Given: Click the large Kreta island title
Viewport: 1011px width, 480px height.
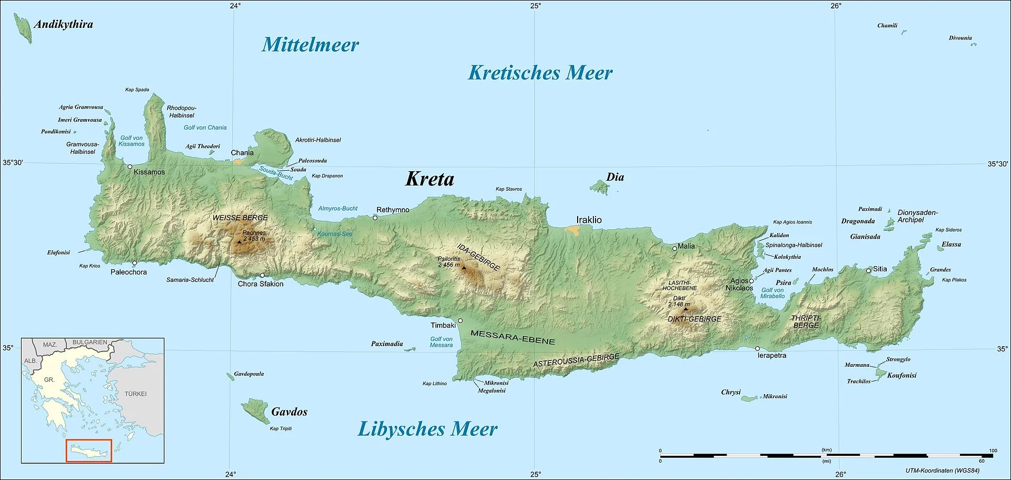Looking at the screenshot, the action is (x=430, y=179).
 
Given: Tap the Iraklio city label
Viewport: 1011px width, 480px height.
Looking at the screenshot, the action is (x=589, y=220).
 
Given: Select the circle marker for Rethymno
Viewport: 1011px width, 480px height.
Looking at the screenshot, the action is (x=375, y=218).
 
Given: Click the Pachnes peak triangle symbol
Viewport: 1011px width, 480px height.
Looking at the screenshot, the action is (x=240, y=242).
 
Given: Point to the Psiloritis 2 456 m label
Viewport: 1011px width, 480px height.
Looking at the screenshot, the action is (x=449, y=262).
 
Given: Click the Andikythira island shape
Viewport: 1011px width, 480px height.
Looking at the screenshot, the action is (x=23, y=27).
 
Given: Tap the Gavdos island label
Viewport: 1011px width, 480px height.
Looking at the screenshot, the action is (x=289, y=412).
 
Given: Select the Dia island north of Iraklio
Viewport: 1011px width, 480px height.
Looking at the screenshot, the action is (x=600, y=187).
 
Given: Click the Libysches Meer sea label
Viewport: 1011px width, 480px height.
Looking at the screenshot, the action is (x=428, y=429).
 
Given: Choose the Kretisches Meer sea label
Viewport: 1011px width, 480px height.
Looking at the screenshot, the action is (x=540, y=73).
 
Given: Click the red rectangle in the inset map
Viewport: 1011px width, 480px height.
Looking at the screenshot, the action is (x=89, y=450).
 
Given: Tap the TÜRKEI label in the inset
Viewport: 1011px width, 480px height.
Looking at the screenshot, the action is (x=135, y=394).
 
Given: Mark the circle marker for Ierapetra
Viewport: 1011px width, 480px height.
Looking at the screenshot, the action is (x=758, y=348).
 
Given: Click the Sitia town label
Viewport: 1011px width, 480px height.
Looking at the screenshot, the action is (x=880, y=269).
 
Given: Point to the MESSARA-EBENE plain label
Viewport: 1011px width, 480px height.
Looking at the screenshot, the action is (x=512, y=337).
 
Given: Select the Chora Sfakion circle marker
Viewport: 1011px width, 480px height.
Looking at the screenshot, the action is (x=262, y=275).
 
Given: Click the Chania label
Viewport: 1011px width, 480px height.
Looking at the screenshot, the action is (x=242, y=153).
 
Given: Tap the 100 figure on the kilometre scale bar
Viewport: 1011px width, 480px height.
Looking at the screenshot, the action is (x=993, y=450).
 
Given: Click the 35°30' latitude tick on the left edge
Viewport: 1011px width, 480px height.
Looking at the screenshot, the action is (x=13, y=163).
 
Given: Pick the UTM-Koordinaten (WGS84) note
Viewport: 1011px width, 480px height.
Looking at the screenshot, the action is (x=943, y=471).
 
